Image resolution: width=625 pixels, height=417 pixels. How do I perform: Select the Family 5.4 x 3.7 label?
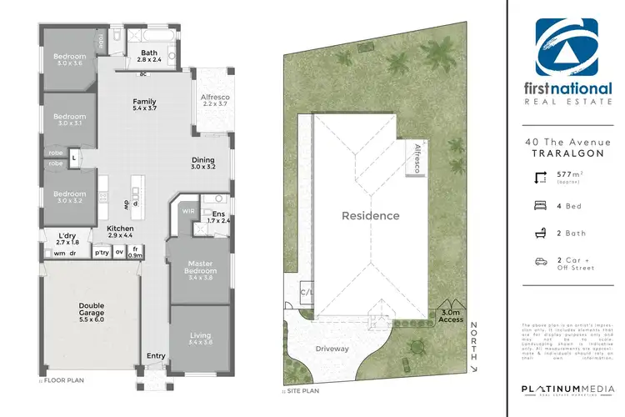pyautogui.click(x=144, y=106)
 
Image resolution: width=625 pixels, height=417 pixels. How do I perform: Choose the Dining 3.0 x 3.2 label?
pyautogui.click(x=202, y=163)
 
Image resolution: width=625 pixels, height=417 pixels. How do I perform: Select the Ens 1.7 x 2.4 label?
pyautogui.click(x=218, y=218)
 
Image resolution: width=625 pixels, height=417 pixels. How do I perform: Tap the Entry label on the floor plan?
pyautogui.click(x=156, y=356)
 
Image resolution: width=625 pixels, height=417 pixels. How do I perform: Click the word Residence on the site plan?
pyautogui.click(x=370, y=216)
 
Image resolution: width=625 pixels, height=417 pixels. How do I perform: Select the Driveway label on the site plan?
pyautogui.click(x=332, y=349)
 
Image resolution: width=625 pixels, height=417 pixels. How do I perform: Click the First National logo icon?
pyautogui.click(x=567, y=49)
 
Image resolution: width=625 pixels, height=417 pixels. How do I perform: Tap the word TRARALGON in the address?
pyautogui.click(x=566, y=153)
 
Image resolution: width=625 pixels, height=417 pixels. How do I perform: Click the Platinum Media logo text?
pyautogui.click(x=566, y=390)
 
